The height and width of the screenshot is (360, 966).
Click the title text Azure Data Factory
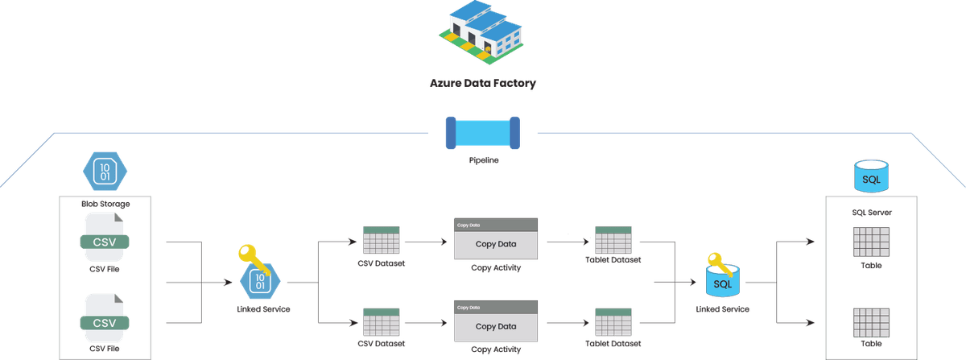(x=482, y=82)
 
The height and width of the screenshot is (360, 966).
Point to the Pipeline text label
(x=483, y=160)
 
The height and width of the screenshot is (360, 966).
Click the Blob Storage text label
(x=105, y=204)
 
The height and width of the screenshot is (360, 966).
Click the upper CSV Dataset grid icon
(x=382, y=240)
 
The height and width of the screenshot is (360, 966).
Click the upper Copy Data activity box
(x=495, y=239)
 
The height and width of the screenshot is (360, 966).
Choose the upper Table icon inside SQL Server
(x=870, y=241)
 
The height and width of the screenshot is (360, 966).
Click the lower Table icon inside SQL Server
(x=870, y=322)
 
